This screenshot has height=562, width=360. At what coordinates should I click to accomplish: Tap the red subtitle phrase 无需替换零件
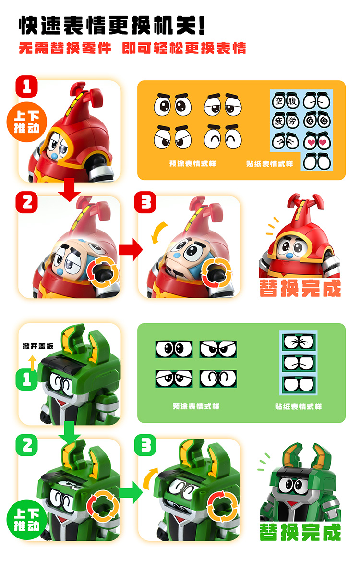pos(65,49)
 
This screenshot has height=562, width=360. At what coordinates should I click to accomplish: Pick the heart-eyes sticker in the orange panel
pos(317,142)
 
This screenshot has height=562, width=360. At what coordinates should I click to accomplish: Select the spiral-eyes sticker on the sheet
pos(317,121)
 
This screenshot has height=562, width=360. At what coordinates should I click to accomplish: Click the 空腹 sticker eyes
pos(286,101)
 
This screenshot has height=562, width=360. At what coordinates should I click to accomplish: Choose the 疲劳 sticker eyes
pos(286,121)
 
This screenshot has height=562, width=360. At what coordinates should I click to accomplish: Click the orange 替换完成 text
pos(300,288)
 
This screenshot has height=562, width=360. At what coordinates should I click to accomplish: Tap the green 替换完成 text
pos(300,532)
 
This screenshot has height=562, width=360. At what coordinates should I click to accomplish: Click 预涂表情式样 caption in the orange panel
pos(192,164)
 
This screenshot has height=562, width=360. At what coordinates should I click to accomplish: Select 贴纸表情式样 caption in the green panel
pos(298,407)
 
